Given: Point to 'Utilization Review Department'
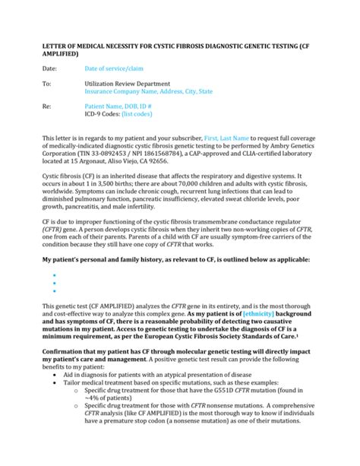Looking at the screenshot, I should click(128, 84).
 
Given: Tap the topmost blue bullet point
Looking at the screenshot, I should click(55, 274).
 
